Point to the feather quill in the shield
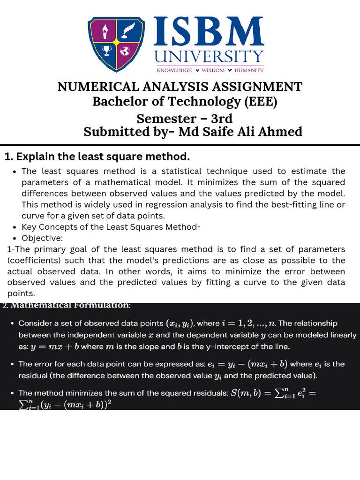[125, 32]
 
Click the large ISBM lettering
[209, 33]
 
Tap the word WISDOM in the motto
[214, 70]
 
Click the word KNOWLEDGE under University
[174, 70]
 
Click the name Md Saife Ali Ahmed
[240, 132]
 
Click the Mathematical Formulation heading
[70, 306]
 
